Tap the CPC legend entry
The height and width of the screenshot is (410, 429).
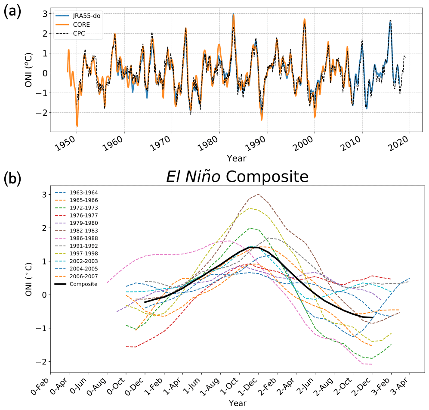click(x=77, y=33)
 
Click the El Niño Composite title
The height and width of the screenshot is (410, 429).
click(x=237, y=177)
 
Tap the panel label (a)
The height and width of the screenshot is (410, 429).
click(x=12, y=12)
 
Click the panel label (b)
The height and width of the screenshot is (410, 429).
click(x=12, y=178)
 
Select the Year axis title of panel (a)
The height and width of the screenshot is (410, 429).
click(x=237, y=158)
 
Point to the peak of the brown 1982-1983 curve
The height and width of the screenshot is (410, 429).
click(x=258, y=194)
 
